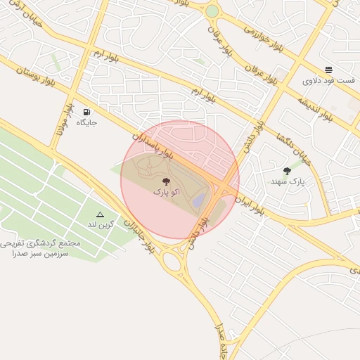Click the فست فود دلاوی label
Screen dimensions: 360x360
point(328,81)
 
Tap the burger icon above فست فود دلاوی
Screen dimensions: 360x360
point(328,70)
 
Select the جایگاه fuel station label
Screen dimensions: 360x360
point(86,122)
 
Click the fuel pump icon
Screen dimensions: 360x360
point(86,112)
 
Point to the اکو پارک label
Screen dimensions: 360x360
point(166,191)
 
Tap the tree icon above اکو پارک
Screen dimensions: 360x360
point(166,181)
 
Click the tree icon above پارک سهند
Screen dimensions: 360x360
point(287,171)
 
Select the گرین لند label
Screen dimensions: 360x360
point(100,224)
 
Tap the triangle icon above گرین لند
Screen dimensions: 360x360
point(100,214)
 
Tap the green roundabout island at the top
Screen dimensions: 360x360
point(212,11)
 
